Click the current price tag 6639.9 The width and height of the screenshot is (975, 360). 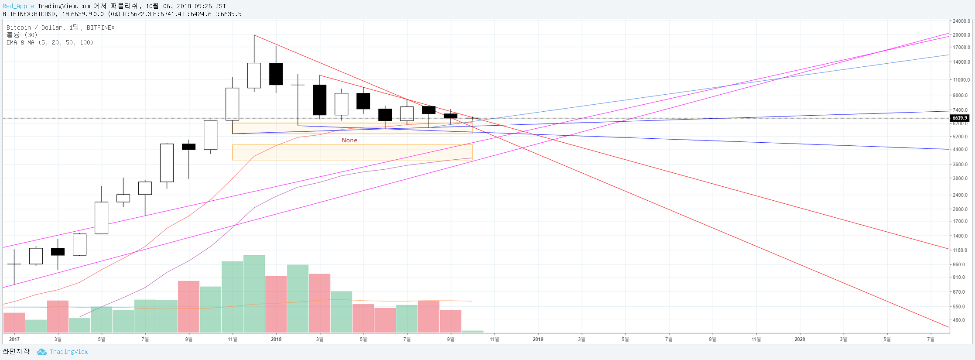coord(960,118)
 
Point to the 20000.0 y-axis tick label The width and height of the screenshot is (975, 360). coord(961,35)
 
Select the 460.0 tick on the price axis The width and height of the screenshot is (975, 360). coord(959,320)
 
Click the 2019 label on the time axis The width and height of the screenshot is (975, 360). coord(538,339)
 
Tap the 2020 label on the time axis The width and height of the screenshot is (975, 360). coord(800,339)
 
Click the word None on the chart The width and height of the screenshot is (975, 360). coord(349,140)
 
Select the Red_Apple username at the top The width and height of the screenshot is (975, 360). coord(18,6)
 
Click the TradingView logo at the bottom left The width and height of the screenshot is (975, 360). coord(63,352)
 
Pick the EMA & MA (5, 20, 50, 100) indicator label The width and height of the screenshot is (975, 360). coord(50,42)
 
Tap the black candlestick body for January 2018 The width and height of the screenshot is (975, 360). coord(276,74)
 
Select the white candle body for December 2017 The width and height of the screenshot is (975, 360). coord(254,75)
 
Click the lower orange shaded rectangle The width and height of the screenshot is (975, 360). coord(352,152)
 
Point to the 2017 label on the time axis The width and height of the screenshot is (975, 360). coord(14,339)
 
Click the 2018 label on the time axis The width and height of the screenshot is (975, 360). coord(276,339)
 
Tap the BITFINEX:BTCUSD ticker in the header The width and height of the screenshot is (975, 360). coord(29,14)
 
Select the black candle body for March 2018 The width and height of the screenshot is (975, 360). coord(319,100)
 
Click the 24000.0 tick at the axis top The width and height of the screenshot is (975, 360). coord(961,21)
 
